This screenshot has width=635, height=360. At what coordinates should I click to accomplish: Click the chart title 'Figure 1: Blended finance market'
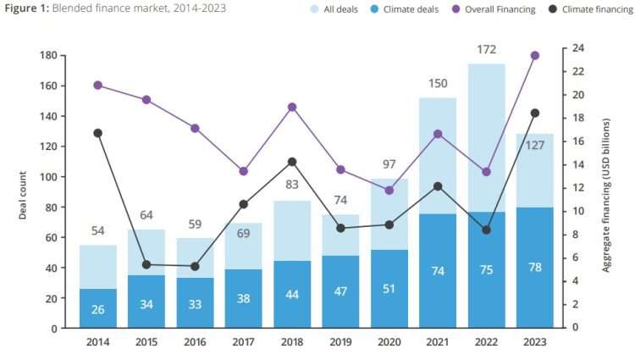(x=114, y=8)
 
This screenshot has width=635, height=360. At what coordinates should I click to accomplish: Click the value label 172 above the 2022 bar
(x=486, y=50)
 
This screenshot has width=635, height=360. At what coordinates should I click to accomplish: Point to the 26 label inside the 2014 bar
(x=98, y=310)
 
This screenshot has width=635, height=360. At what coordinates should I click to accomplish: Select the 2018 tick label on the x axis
(x=292, y=341)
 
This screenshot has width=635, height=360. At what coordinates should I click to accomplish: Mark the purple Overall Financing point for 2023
(x=534, y=56)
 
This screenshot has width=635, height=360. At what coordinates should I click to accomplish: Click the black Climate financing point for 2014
(x=98, y=133)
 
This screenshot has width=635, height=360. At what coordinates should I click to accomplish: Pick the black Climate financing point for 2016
(x=195, y=266)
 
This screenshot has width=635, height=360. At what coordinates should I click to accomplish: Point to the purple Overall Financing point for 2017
(x=244, y=171)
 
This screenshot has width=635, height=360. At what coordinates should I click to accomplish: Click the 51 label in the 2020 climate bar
(x=389, y=310)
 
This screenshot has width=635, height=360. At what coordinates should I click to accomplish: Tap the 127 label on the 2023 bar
(x=534, y=144)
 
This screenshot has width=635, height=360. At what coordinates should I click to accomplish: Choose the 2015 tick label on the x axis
(x=146, y=341)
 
